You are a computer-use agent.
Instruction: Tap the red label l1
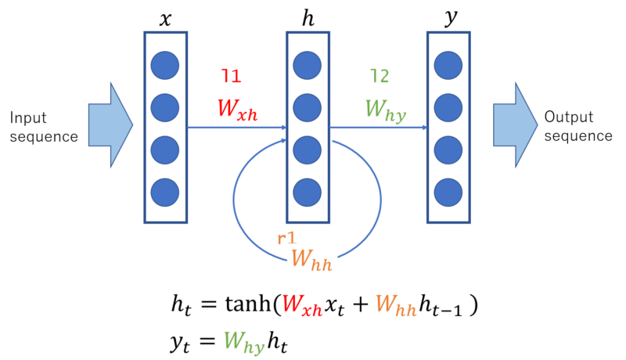tap(231, 76)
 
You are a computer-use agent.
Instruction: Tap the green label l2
tap(380, 76)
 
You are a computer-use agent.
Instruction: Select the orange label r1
tap(286, 238)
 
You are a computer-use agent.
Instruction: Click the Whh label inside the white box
tap(311, 258)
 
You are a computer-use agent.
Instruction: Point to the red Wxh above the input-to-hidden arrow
tap(236, 109)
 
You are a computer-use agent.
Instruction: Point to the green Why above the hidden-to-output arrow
tap(385, 110)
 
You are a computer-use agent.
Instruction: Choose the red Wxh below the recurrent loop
tap(301, 304)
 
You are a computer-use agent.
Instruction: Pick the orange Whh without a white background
tap(395, 305)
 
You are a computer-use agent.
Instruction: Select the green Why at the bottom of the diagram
tap(243, 342)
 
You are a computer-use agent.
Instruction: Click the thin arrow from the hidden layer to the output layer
tap(378, 127)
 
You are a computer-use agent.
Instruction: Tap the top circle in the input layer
tap(164, 65)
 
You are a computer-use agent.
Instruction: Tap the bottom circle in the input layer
tap(164, 192)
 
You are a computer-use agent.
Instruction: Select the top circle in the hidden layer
tap(308, 65)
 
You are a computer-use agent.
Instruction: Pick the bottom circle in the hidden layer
tap(308, 192)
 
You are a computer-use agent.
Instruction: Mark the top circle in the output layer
tap(448, 65)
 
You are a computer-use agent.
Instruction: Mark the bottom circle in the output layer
tap(448, 192)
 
